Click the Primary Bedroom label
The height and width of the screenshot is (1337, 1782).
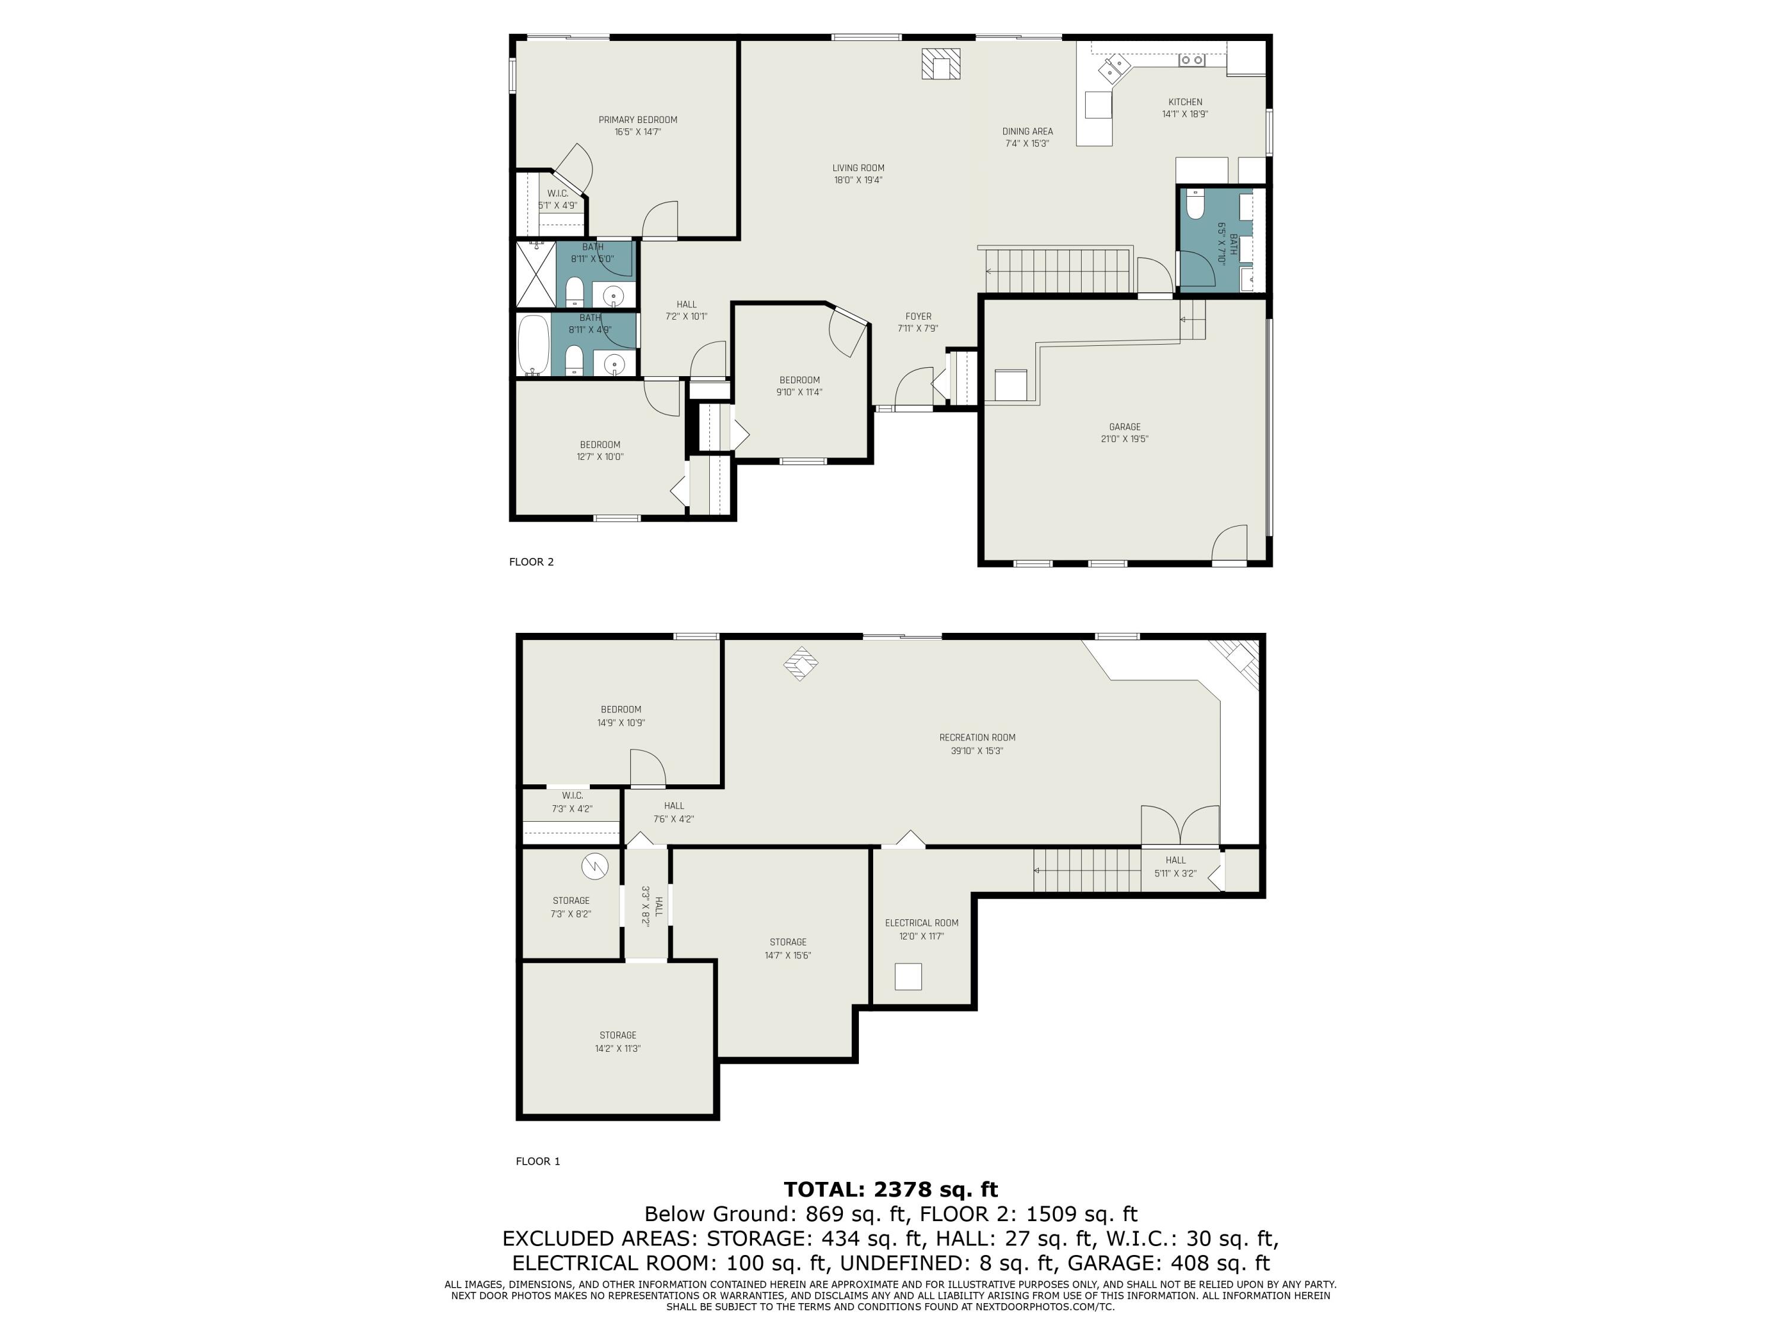point(637,120)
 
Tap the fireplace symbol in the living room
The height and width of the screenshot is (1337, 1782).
point(941,64)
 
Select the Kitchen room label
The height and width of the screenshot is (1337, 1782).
point(1185,102)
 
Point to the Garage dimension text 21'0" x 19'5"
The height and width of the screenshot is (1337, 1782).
point(1124,439)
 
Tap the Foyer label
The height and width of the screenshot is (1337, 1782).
point(918,317)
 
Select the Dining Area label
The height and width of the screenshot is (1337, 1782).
point(1027,131)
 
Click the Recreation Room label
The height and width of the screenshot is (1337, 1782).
point(977,737)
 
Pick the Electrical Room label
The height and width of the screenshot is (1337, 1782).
point(921,923)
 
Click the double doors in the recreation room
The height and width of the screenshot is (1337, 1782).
point(1180,824)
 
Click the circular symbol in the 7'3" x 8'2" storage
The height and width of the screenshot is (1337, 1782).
point(595,866)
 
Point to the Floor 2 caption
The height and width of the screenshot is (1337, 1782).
point(531,562)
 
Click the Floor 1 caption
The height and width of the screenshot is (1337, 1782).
point(538,1161)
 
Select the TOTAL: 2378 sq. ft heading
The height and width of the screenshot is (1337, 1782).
point(890,1190)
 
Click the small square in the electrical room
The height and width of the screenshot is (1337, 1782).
point(908,977)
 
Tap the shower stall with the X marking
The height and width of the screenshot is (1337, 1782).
point(536,274)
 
